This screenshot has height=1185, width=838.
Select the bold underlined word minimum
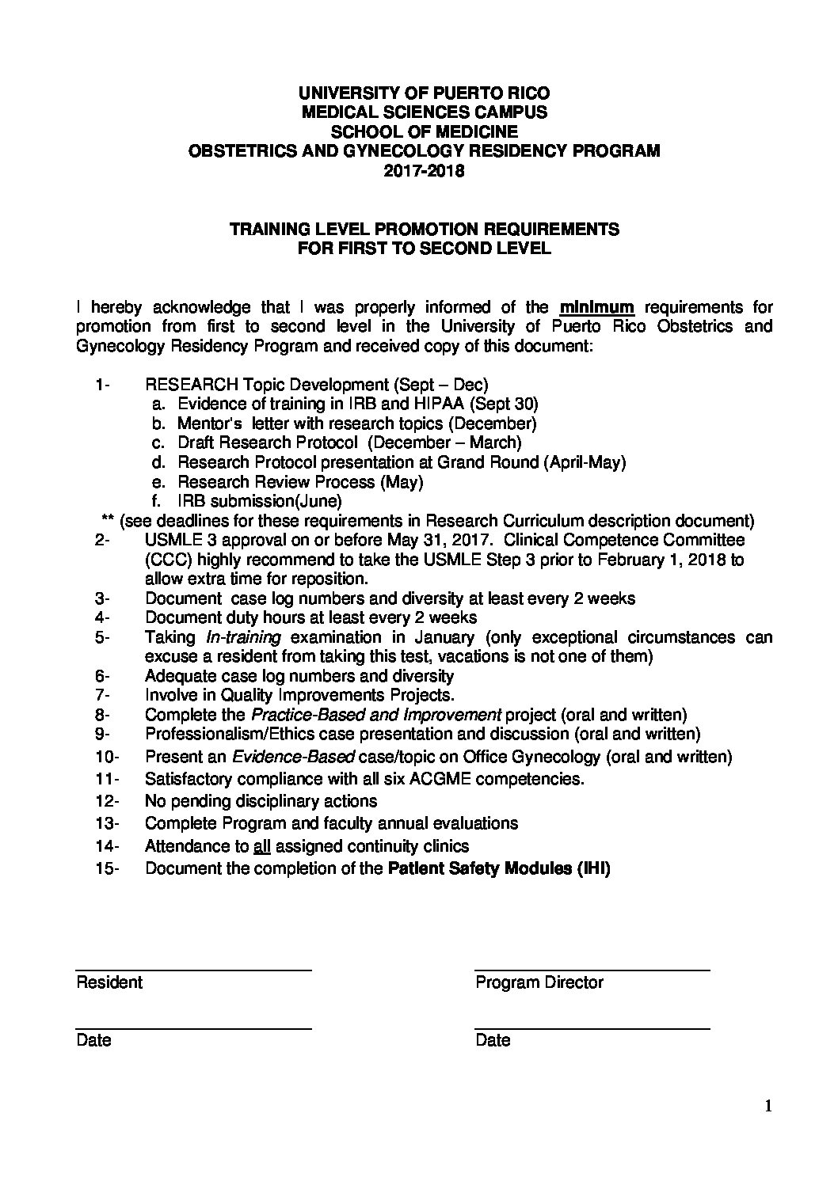597,307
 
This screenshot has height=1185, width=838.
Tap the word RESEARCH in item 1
192,386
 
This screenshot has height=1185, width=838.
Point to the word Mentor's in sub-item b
205,423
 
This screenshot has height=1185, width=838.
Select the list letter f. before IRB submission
157,501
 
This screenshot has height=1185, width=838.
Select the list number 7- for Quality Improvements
104,695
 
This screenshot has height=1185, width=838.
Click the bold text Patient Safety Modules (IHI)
498,868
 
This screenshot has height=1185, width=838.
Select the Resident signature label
109,982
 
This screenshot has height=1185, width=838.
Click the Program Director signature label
539,982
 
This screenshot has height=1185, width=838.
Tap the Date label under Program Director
493,1040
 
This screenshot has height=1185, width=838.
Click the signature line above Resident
193,970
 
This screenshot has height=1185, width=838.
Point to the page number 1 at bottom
768,1107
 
